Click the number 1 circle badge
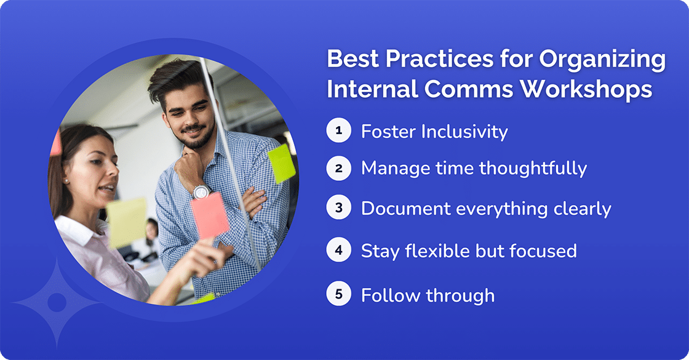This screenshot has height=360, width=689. click(338, 131)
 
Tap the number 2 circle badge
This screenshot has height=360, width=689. click(338, 168)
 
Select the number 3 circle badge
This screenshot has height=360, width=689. click(338, 209)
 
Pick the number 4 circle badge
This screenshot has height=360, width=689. click(338, 251)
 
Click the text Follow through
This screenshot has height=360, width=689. click(428, 295)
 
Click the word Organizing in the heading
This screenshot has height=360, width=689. click(602, 60)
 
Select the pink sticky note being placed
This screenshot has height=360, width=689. click(209, 215)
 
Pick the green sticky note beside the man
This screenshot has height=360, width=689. click(282, 163)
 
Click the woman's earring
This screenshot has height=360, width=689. click(65, 181)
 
